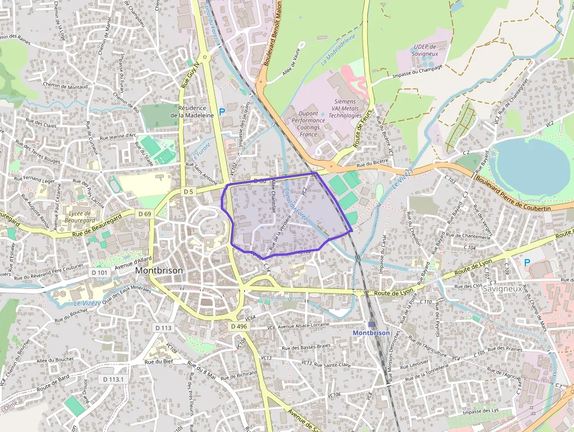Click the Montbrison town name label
[x=159, y=271]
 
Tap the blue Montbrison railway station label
[x=371, y=332]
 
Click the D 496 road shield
[x=240, y=326]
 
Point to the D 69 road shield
[x=145, y=214]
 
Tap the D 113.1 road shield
[x=114, y=379]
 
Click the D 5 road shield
[x=188, y=192]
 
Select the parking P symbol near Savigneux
[x=527, y=263]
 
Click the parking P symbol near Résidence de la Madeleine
[x=221, y=111]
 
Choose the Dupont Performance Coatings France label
[x=308, y=124]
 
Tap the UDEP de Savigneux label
[x=425, y=50]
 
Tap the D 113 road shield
[x=164, y=327]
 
